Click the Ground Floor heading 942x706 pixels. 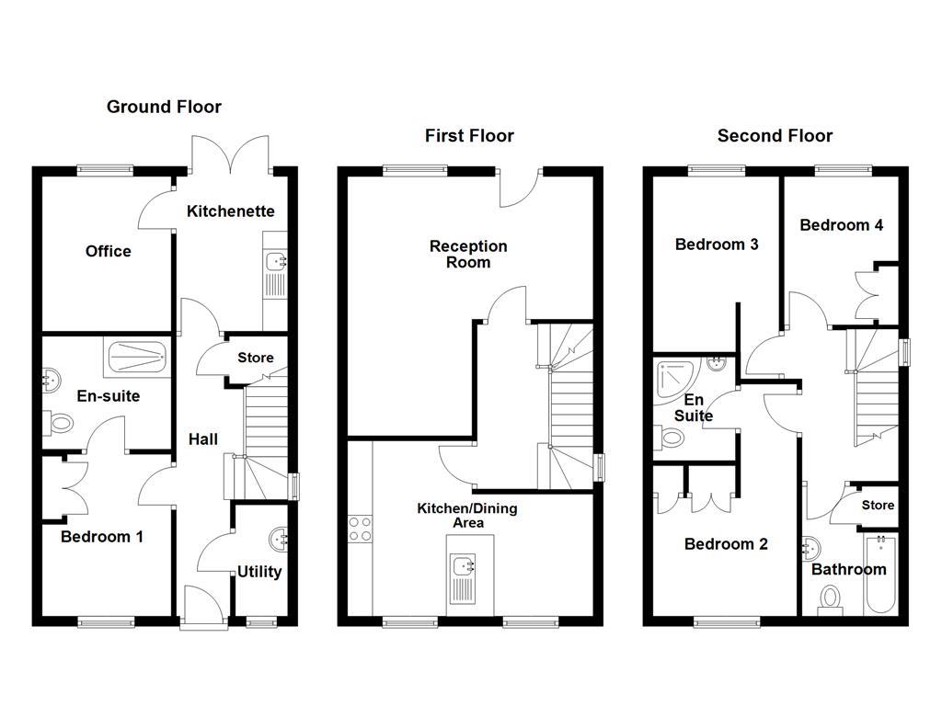tap(164, 107)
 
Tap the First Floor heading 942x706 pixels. tap(469, 136)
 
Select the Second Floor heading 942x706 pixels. tap(775, 136)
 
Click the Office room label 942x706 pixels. tap(109, 251)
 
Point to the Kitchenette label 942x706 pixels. tap(230, 211)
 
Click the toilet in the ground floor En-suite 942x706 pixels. tap(62, 425)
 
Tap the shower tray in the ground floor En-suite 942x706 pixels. tap(137, 357)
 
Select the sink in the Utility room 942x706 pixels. tap(277, 537)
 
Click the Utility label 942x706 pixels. tap(259, 572)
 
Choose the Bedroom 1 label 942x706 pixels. tap(101, 537)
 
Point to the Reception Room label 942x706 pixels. tap(468, 254)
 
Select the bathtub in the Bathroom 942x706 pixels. tap(880, 575)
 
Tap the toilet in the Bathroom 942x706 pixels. tap(832, 600)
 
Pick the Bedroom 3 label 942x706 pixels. tap(717, 245)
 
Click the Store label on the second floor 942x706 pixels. tap(878, 506)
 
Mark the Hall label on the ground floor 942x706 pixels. tap(203, 439)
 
